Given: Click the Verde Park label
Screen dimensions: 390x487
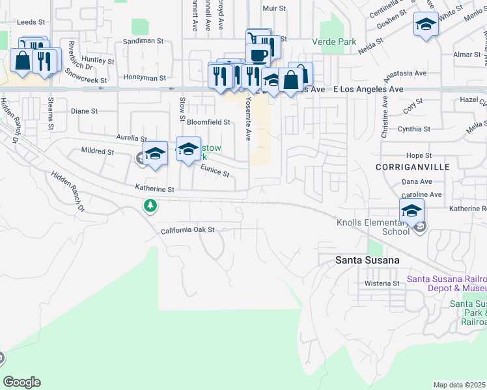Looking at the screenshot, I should click(338, 42).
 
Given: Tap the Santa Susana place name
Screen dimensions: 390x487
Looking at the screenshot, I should click(367, 260).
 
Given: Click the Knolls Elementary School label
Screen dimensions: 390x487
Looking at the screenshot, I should click(373, 227).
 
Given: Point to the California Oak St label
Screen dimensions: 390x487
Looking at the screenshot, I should click(188, 230).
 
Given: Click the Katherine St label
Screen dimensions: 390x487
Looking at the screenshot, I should click(155, 189).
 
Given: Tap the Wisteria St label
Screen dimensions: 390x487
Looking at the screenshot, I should click(382, 283).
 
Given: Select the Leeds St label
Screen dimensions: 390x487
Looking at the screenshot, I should click(30, 21).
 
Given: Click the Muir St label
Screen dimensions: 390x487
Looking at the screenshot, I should click(273, 8).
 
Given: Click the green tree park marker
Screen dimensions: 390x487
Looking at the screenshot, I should click(151, 206).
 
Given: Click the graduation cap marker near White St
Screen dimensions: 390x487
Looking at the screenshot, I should click(426, 25).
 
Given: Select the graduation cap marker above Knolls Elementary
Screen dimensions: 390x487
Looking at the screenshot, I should click(411, 211).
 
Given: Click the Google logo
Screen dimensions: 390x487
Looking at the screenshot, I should click(21, 382).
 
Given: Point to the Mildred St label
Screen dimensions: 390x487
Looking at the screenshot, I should click(98, 151).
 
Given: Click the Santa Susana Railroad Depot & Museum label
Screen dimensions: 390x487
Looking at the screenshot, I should click(447, 283).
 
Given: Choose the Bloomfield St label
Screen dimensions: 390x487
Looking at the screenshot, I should click(208, 122).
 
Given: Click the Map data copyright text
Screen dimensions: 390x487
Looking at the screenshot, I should click(459, 385).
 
